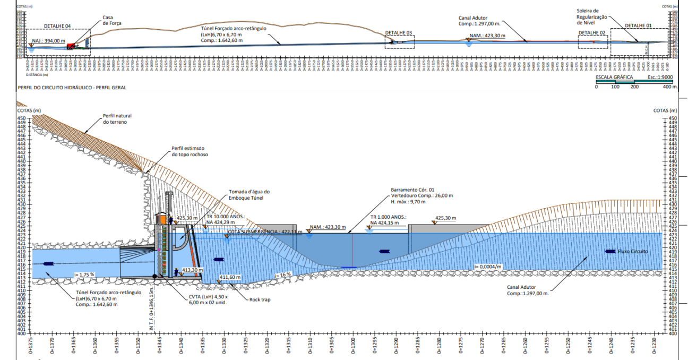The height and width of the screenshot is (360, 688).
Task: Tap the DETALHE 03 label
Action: [x=399, y=33]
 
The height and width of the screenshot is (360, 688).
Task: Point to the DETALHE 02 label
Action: [x=592, y=33]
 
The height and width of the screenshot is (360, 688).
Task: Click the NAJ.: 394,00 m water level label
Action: [x=49, y=41]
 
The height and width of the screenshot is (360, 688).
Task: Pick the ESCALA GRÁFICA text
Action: [x=614, y=77]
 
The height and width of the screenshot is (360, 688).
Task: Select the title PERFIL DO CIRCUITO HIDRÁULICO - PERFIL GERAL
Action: [x=72, y=87]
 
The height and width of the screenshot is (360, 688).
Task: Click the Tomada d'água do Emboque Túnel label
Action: [x=249, y=195]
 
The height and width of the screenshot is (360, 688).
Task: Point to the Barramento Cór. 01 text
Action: [x=412, y=190]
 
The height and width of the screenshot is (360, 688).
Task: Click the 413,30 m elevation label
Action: [x=192, y=270]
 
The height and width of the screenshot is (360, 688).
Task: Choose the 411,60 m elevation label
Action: [x=230, y=277]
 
